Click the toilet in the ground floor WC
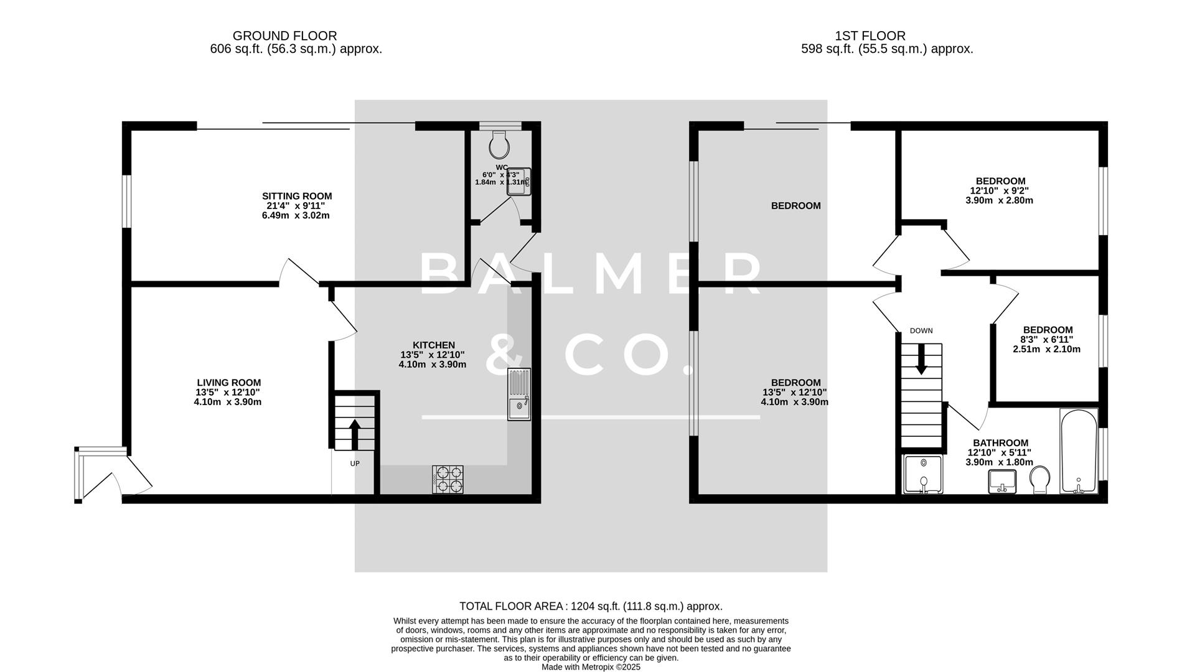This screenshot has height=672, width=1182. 499,145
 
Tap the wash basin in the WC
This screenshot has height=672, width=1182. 519,182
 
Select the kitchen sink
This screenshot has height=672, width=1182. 519,394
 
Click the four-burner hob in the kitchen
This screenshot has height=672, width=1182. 448,480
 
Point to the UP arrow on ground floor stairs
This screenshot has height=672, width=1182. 355,434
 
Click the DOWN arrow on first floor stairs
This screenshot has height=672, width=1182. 921,360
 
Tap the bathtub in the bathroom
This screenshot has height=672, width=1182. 1079,451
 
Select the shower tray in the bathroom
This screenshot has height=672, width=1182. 923,475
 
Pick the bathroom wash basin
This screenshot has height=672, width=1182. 1002,482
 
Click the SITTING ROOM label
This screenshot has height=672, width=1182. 297,196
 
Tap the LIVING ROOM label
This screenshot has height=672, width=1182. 228,383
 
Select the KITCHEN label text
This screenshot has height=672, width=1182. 434,345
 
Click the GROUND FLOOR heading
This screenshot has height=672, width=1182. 284,36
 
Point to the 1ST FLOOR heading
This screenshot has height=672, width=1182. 870,36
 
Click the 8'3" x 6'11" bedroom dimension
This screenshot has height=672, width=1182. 1047,340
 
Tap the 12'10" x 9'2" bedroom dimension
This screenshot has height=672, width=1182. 999,191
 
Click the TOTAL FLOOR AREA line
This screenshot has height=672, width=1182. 591,606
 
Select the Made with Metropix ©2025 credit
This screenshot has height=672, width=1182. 591,667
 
